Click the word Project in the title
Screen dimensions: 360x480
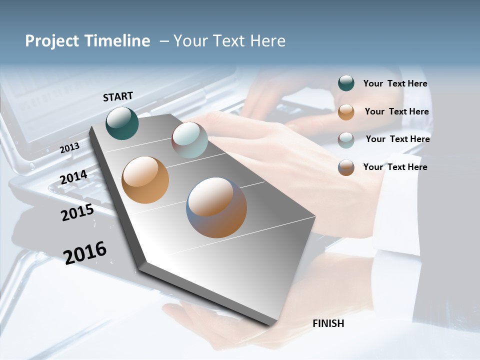tap(51, 41)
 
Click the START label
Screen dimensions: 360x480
tap(118, 96)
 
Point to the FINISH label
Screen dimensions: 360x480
tap(328, 323)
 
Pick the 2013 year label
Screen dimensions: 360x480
tap(69, 147)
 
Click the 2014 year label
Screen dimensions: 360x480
tap(73, 177)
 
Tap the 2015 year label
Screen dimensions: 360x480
tap(77, 213)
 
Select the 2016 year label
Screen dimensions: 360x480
tap(85, 252)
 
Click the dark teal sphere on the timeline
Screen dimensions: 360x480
tap(122, 123)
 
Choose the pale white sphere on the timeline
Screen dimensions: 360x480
tap(189, 140)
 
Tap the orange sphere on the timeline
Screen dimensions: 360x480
tap(145, 180)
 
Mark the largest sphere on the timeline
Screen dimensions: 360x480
tap(216, 207)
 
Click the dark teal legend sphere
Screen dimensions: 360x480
tap(346, 83)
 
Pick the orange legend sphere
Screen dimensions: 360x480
tap(346, 112)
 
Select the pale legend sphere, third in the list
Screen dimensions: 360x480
tap(346, 140)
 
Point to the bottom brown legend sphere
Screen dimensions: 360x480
tap(346, 167)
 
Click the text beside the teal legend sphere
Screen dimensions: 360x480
tap(395, 83)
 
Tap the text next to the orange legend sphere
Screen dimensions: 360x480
tap(396, 111)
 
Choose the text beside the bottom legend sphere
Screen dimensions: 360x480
tap(395, 167)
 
